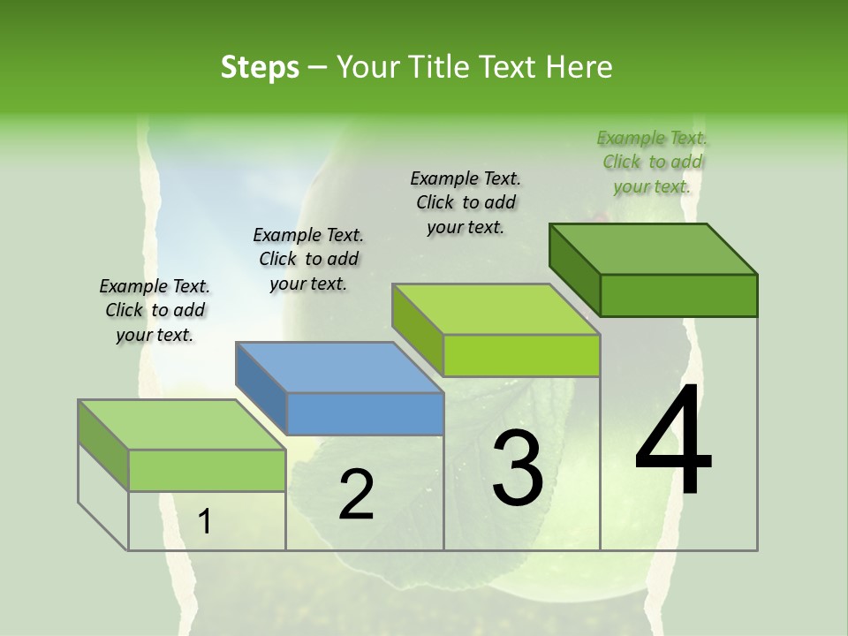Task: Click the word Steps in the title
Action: click(x=260, y=67)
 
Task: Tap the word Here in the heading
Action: click(x=579, y=67)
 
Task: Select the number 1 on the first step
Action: click(x=205, y=522)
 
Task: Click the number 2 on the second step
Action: click(x=356, y=495)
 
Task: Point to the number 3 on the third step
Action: click(x=518, y=467)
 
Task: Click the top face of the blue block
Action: click(x=340, y=367)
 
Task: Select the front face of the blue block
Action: click(x=366, y=413)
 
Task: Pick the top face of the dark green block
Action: click(x=654, y=248)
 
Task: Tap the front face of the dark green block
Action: click(x=678, y=295)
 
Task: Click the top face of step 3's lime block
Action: click(x=496, y=309)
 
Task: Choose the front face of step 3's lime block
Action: click(x=521, y=355)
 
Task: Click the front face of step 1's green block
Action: click(x=207, y=470)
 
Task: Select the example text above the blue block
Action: click(x=308, y=259)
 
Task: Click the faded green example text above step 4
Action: click(x=652, y=162)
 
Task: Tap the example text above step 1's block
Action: click(x=155, y=310)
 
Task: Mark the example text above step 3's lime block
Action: click(x=466, y=202)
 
